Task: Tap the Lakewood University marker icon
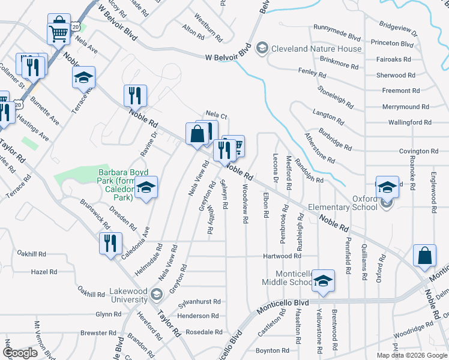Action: (157, 293)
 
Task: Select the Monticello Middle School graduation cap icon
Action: (323, 281)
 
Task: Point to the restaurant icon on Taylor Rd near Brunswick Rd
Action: (110, 243)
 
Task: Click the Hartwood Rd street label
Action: (285, 256)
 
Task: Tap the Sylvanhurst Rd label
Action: (200, 302)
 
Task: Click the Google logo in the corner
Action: (20, 353)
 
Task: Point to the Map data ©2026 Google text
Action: (412, 355)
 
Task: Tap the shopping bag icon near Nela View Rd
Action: (197, 134)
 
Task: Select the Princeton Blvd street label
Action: (393, 44)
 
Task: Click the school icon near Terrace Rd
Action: (84, 77)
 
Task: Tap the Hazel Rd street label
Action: (44, 272)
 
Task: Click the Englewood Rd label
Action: (433, 191)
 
